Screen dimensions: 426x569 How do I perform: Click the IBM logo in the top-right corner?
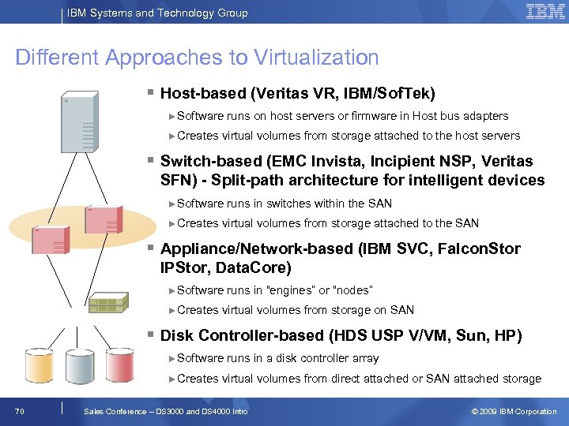pos(545,12)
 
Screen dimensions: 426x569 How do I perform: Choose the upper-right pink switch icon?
pos(104,219)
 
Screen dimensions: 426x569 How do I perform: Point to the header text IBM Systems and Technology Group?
pos(157,13)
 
